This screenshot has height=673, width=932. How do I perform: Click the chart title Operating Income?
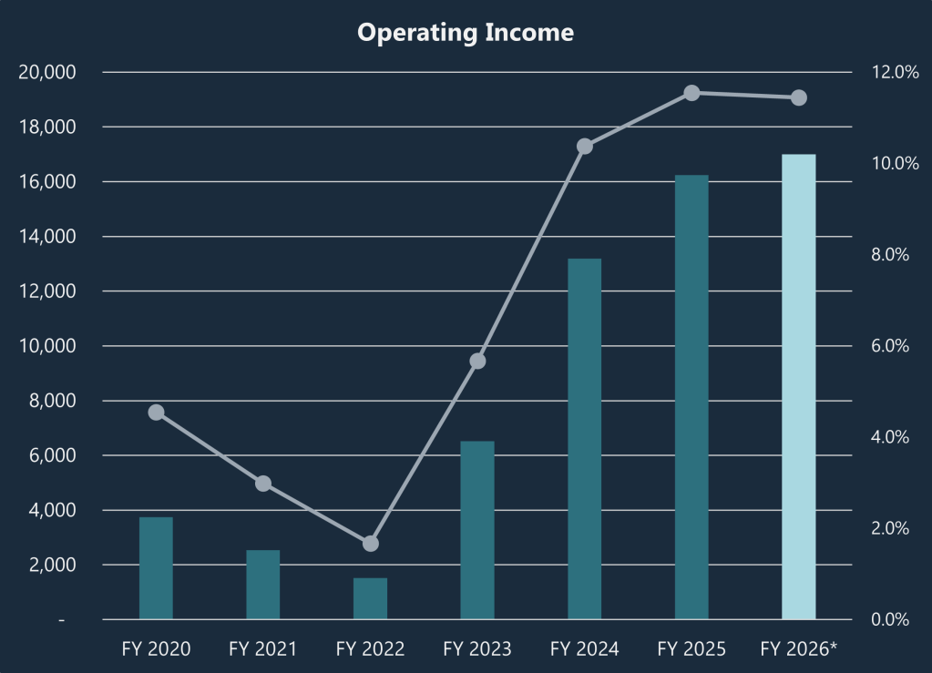[x=466, y=33]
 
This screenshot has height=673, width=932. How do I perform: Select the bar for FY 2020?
[x=156, y=568]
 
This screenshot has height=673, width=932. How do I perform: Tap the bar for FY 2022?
[x=370, y=598]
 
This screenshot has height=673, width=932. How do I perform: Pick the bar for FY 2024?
[x=584, y=439]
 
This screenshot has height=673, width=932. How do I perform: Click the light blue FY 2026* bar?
[x=799, y=387]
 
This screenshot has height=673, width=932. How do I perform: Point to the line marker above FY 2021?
[x=263, y=484]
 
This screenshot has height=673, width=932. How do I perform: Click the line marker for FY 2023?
[x=477, y=361]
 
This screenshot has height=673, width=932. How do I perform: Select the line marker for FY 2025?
[x=691, y=93]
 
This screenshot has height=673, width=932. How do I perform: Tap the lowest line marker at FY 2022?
[x=370, y=544]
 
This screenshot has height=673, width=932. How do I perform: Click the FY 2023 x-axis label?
[x=477, y=649]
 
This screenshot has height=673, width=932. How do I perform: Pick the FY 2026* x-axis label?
[x=799, y=649]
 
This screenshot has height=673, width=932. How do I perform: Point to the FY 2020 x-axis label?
[x=156, y=649]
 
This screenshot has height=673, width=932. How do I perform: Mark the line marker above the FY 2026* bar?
[x=799, y=97]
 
